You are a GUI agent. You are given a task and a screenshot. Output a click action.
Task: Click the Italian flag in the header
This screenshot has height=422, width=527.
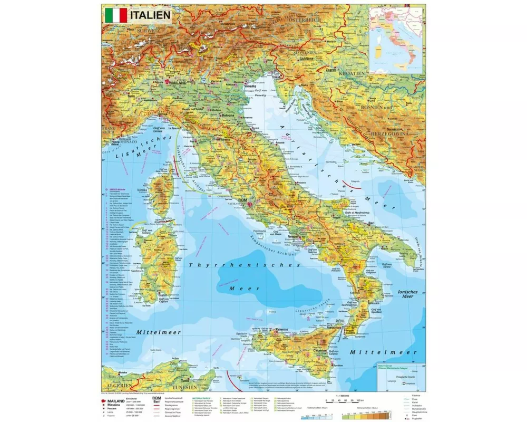[116, 15]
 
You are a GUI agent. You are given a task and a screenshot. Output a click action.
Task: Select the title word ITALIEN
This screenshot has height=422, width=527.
[150, 15]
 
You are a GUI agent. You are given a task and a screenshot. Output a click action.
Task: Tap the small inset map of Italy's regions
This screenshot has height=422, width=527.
[397, 40]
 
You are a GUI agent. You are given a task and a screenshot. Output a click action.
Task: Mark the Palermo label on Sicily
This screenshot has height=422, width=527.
[280, 330]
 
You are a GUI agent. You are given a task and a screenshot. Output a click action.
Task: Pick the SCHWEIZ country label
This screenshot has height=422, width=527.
[147, 30]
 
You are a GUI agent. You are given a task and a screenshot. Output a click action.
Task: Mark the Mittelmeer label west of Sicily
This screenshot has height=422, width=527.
[159, 332]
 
